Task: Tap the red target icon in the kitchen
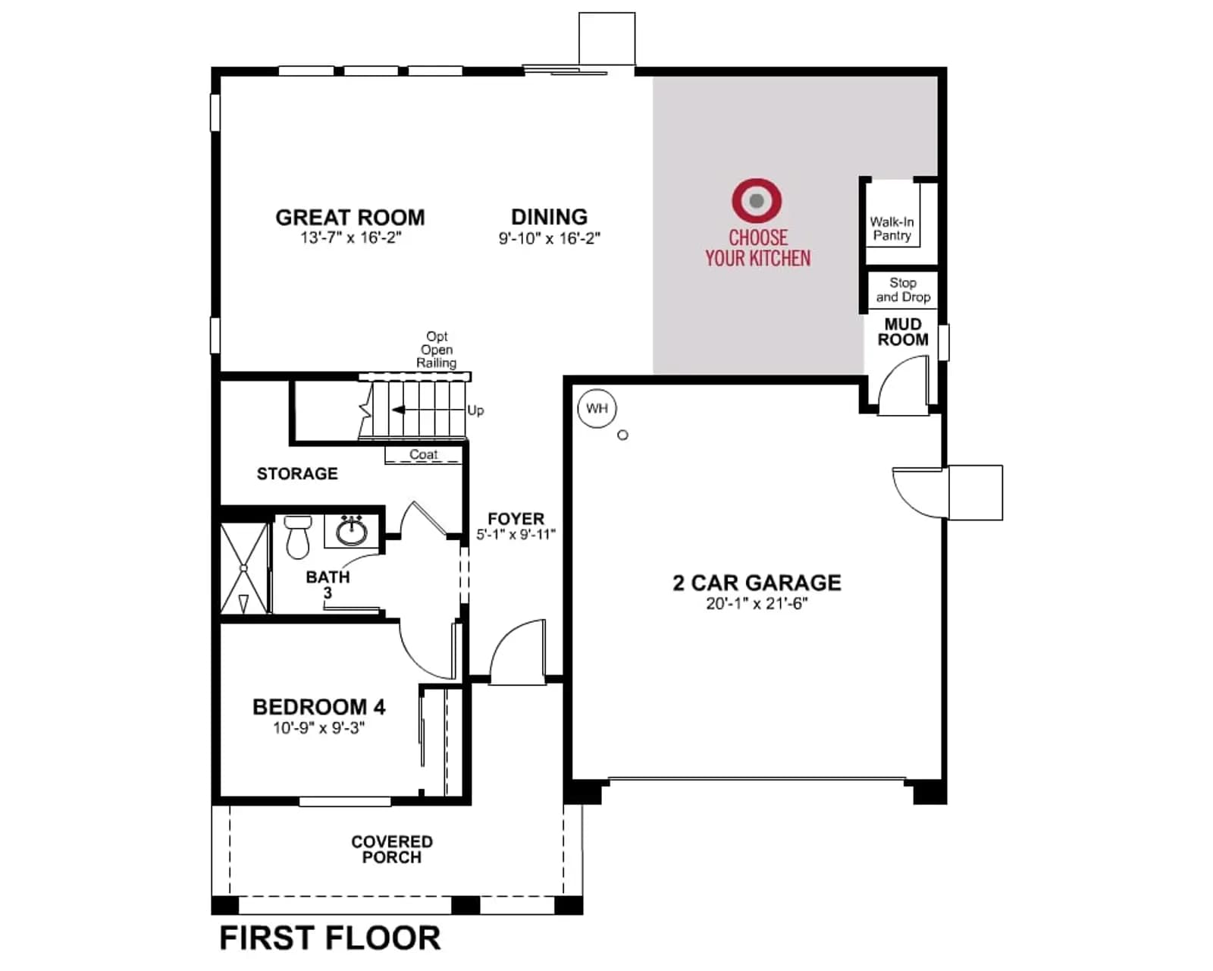tap(757, 200)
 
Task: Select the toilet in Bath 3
tap(298, 536)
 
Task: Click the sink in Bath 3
tap(352, 531)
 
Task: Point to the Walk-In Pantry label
tap(892, 228)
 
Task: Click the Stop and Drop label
tap(903, 290)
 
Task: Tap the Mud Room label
tap(903, 332)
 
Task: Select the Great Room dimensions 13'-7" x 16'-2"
tap(350, 237)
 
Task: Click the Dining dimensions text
tap(550, 238)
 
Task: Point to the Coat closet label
tap(423, 454)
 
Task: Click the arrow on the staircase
tap(428, 410)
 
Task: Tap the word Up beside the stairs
tap(475, 410)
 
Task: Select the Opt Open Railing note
tap(436, 350)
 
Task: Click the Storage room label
tap(297, 473)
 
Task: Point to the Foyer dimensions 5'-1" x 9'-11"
tap(516, 534)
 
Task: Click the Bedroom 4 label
tap(319, 707)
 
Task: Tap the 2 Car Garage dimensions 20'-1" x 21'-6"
tap(757, 604)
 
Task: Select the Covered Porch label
tap(392, 849)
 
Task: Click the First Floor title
tap(330, 938)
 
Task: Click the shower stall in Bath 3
tap(244, 568)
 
